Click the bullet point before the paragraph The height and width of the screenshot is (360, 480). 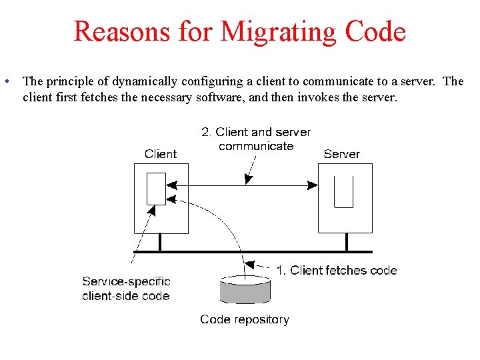(5, 82)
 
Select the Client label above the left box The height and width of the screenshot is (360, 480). (161, 154)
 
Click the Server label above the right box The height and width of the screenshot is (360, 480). (341, 154)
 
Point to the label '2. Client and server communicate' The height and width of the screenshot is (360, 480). (256, 139)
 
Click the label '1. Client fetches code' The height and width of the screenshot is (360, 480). (337, 270)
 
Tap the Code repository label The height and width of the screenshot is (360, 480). (245, 319)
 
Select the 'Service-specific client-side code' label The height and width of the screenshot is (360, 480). (126, 289)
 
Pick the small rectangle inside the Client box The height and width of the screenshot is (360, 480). (156, 189)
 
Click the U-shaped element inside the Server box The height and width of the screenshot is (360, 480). (343, 192)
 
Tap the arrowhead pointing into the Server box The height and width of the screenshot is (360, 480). (312, 185)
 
